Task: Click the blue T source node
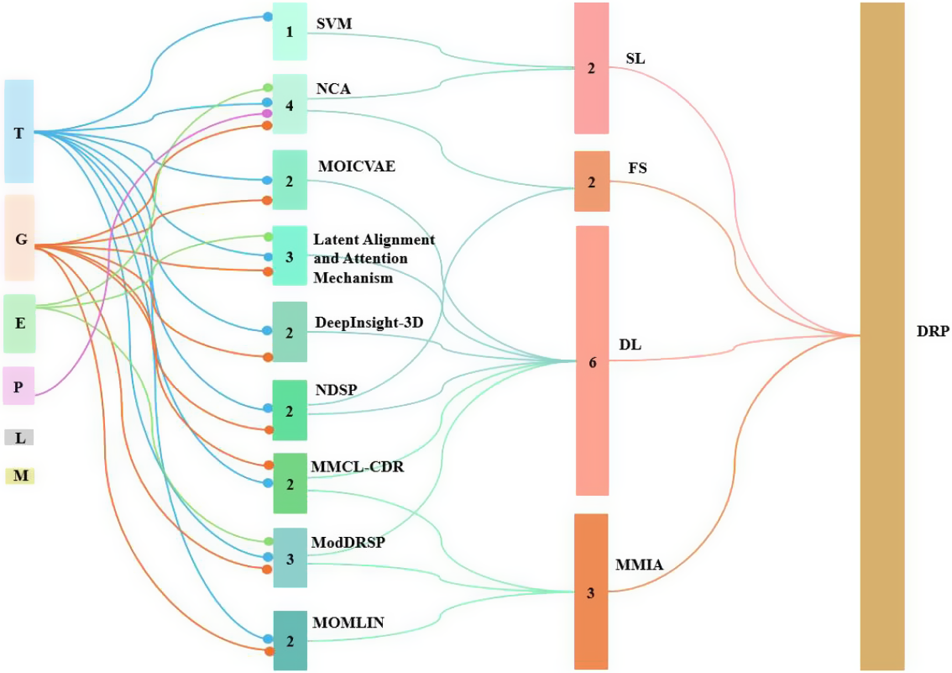pos(19,131)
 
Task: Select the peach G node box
pos(20,238)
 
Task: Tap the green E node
pos(20,323)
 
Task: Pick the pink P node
pos(19,386)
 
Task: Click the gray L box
pos(19,437)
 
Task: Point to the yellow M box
pos(20,476)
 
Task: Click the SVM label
pos(334,24)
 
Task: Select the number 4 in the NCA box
pos(289,106)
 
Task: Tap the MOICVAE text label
pos(357,166)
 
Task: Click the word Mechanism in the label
pos(353,278)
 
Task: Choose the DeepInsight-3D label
pos(369,322)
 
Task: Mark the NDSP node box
pos(289,410)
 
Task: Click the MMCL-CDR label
pos(357,466)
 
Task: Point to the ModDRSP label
pos(348,542)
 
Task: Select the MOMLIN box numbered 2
pos(290,641)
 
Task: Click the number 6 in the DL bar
pos(592,363)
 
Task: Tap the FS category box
pos(592,181)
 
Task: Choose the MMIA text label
pos(639,565)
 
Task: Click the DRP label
pos(932,331)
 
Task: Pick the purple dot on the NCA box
pos(267,113)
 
